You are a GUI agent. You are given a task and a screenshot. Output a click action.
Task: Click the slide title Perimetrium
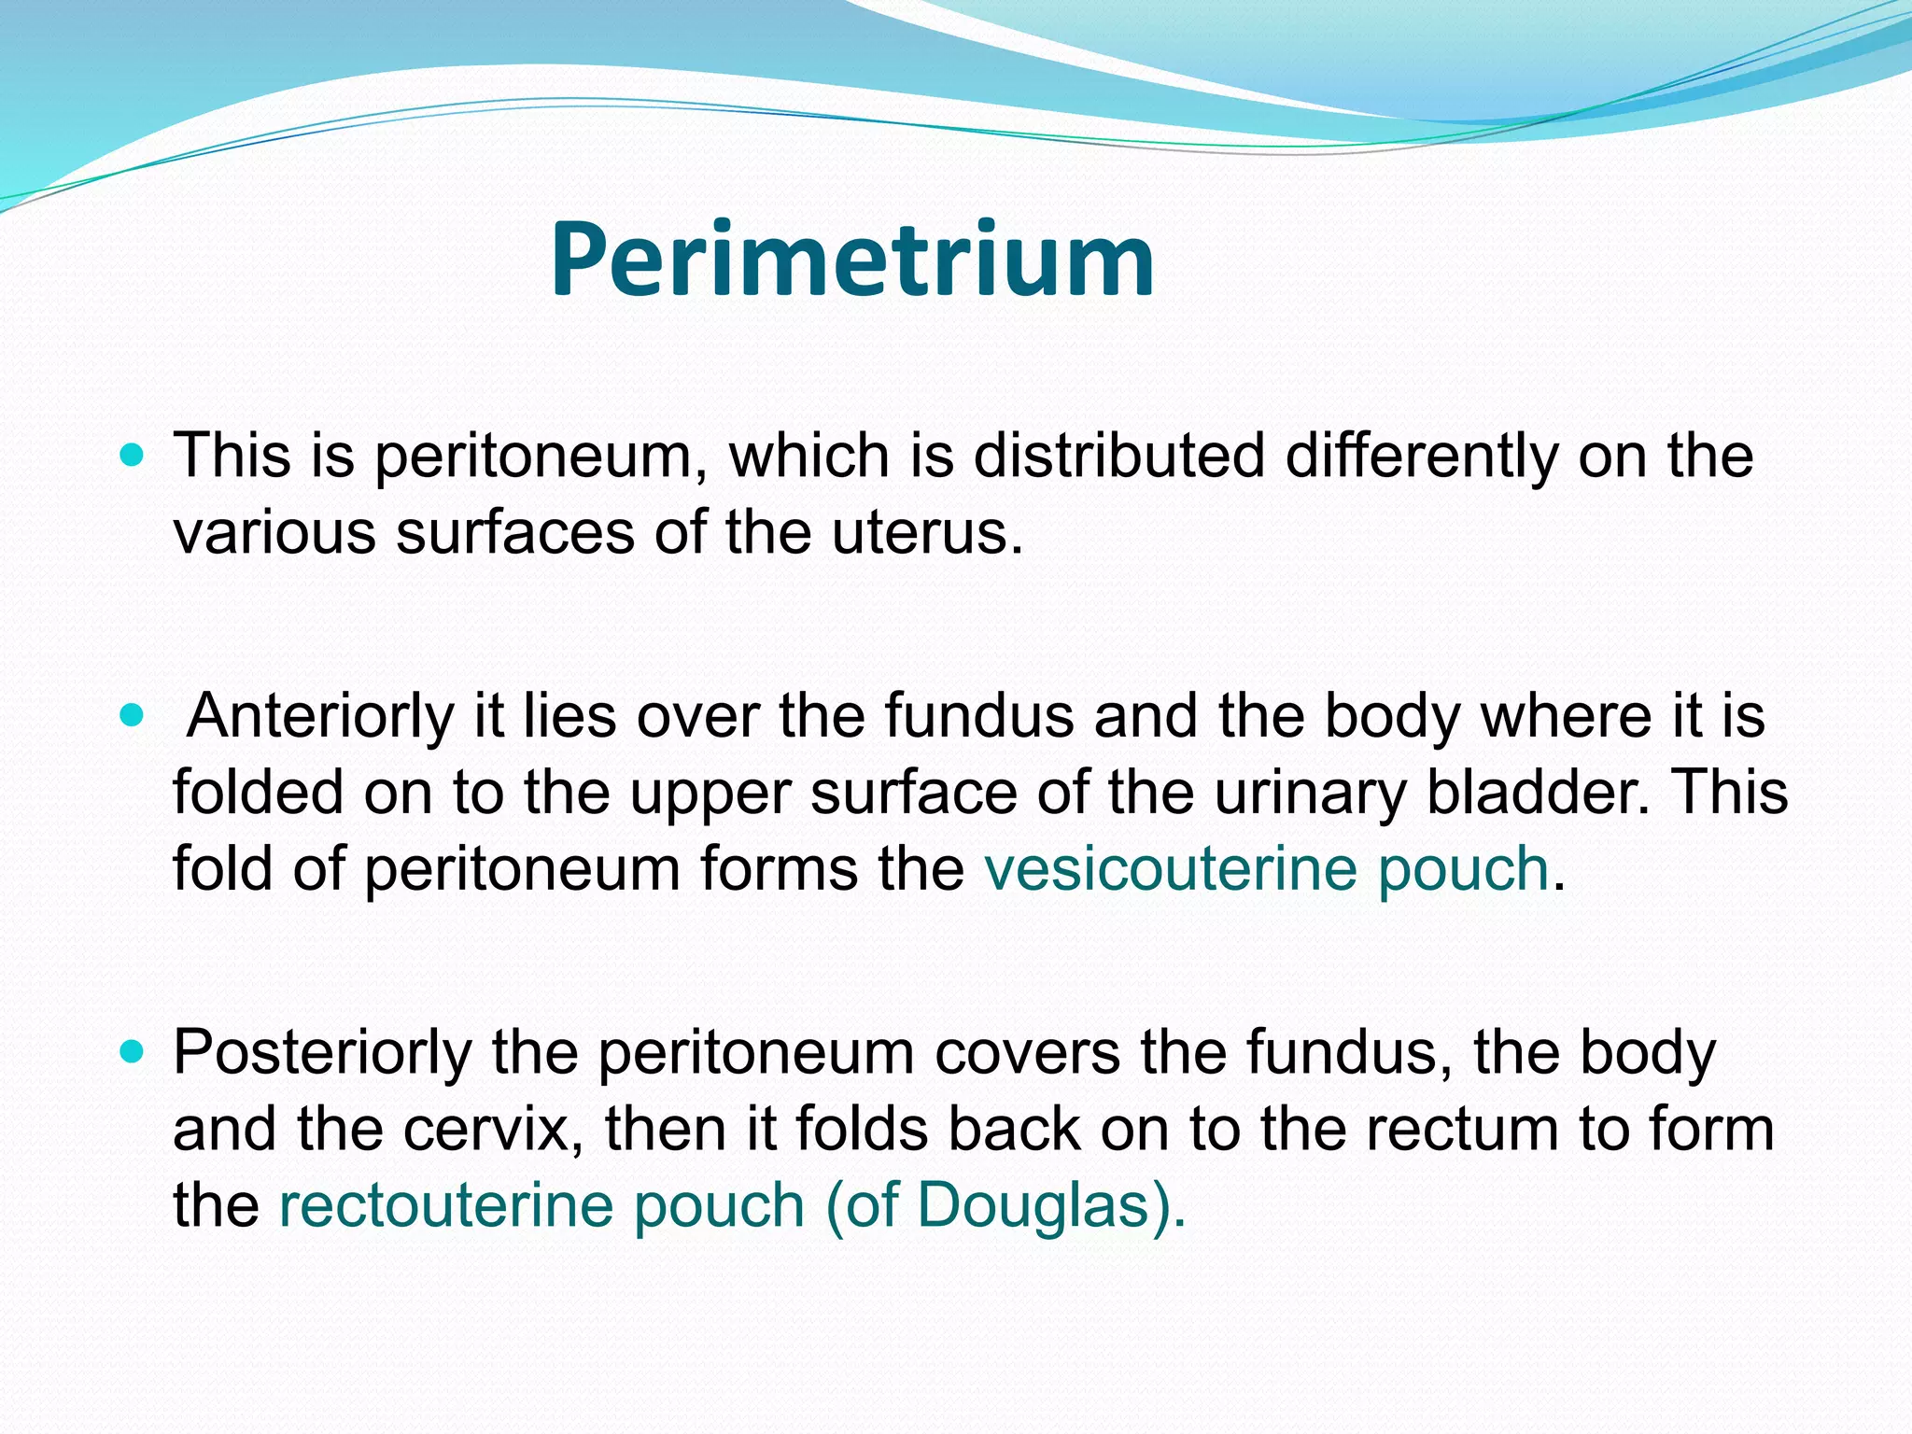tap(851, 260)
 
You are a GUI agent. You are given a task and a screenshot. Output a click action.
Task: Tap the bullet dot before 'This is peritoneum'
tap(134, 457)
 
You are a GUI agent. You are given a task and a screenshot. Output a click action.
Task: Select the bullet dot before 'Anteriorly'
tap(134, 716)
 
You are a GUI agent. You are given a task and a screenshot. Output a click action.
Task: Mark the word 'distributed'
tap(1118, 457)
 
